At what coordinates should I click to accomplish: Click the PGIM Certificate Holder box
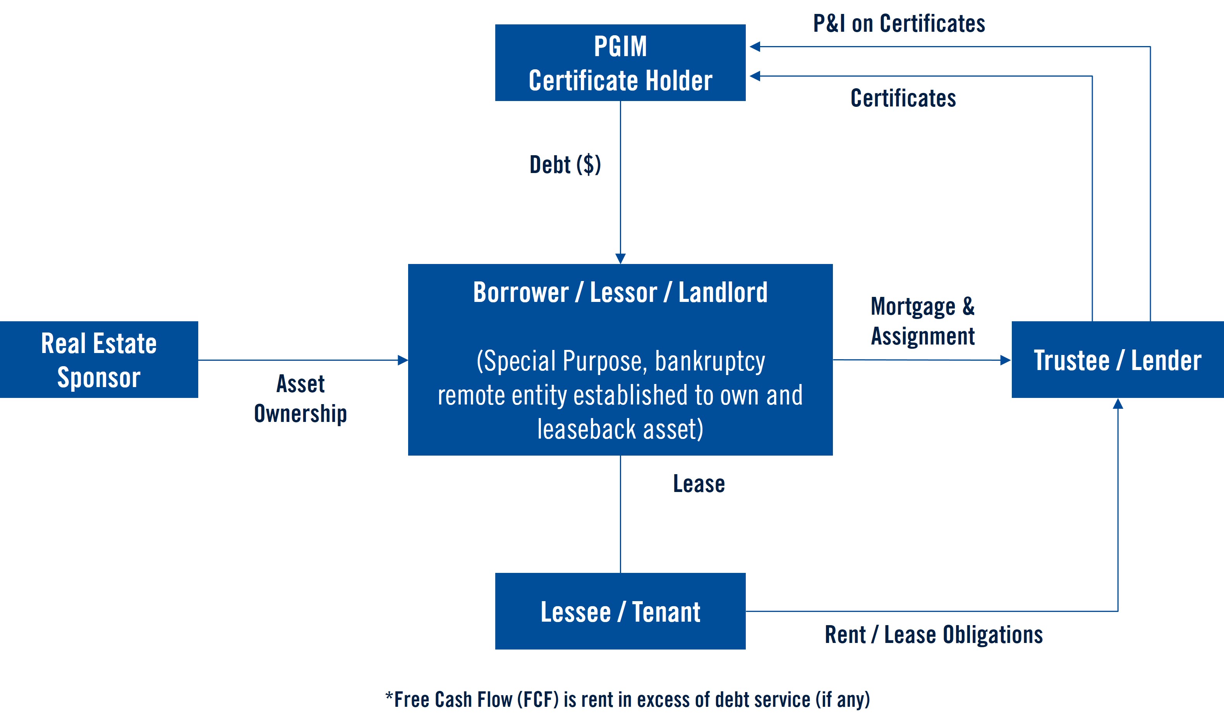click(x=620, y=63)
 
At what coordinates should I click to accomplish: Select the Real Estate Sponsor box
click(x=99, y=360)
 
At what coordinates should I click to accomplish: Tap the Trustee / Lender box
click(x=1117, y=360)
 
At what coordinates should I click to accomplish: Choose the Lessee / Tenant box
click(x=620, y=611)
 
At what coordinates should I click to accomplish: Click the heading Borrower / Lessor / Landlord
click(x=620, y=293)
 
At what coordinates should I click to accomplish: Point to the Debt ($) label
click(x=565, y=165)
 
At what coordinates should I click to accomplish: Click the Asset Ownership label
click(x=300, y=398)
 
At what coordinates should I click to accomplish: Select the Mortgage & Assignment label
click(x=922, y=321)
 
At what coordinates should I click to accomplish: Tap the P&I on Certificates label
click(x=899, y=24)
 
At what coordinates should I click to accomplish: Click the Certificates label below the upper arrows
click(x=903, y=98)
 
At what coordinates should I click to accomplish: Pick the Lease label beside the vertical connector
click(x=699, y=484)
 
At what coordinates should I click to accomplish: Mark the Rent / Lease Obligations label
click(x=934, y=635)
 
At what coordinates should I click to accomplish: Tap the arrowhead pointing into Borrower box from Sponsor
click(x=403, y=360)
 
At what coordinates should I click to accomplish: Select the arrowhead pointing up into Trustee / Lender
click(x=1118, y=404)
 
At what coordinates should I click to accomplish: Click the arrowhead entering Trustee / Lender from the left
click(x=1006, y=360)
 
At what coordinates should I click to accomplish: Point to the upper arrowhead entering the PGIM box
click(x=755, y=46)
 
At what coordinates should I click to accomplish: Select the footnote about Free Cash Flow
click(x=627, y=699)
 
